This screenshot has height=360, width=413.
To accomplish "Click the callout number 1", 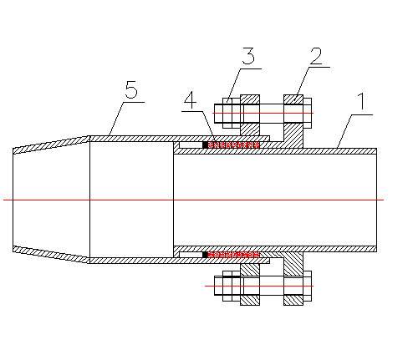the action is pyautogui.click(x=362, y=101).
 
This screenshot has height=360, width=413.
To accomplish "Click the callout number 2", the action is pyautogui.click(x=316, y=56).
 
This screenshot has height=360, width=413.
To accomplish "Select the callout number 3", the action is pyautogui.click(x=248, y=56).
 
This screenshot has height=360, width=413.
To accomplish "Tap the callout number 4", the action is pyautogui.click(x=191, y=100).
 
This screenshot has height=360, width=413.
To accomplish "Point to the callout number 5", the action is pyautogui.click(x=131, y=89).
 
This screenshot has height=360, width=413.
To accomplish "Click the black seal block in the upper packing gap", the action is pyautogui.click(x=205, y=145).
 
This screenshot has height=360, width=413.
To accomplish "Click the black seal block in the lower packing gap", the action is pyautogui.click(x=205, y=255).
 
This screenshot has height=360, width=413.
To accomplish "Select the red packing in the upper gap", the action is pyautogui.click(x=234, y=145).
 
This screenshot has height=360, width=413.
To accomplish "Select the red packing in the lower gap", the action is pyautogui.click(x=234, y=255).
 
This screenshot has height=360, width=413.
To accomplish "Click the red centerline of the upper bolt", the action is pyautogui.click(x=263, y=113).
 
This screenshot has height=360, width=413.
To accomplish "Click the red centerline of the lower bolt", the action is pyautogui.click(x=259, y=286).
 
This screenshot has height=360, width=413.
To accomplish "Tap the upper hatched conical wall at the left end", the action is pyautogui.click(x=51, y=145).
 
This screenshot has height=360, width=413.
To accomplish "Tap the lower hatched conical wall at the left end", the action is pyautogui.click(x=51, y=254).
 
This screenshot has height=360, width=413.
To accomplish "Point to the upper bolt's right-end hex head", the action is pyautogui.click(x=307, y=113).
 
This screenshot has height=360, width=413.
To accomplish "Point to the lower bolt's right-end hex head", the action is pyautogui.click(x=307, y=286).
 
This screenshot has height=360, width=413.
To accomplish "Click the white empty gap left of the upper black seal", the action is pyautogui.click(x=191, y=145).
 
